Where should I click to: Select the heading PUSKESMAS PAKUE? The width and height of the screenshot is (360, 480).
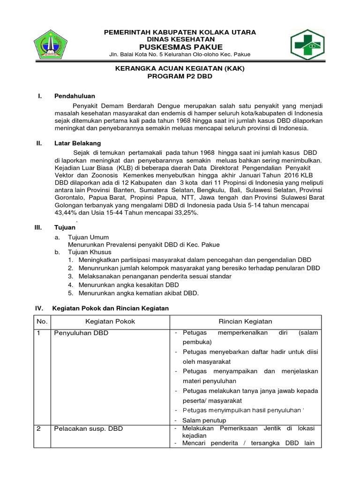[180, 47]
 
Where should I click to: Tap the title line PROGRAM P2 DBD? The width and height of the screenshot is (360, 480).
[180, 76]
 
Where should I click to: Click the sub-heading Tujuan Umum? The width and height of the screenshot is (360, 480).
[89, 238]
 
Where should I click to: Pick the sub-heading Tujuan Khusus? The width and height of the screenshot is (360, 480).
[90, 252]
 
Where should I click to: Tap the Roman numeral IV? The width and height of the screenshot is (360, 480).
[39, 308]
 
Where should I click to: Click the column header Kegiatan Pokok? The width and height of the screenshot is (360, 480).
[110, 321]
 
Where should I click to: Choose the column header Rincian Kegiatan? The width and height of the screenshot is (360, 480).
[245, 321]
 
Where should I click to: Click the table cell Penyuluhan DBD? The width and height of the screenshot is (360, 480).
[81, 333]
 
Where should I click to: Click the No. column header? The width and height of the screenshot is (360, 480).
[42, 321]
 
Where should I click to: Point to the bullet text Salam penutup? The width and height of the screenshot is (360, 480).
[204, 420]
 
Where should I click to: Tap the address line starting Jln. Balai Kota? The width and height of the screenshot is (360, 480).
[180, 54]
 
